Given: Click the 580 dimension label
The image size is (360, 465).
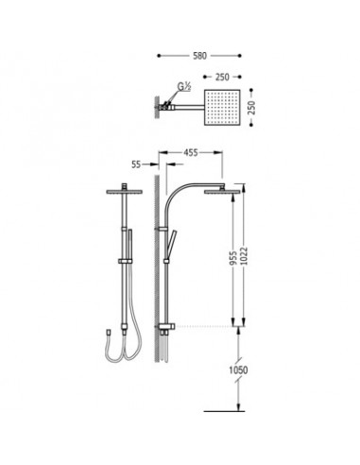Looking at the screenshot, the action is [x=199, y=56].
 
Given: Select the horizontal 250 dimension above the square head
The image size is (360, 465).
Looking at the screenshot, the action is [x=222, y=77].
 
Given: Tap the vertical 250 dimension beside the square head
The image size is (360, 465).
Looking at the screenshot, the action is [x=251, y=108].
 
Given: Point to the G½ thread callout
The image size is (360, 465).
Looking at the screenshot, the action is [x=184, y=86].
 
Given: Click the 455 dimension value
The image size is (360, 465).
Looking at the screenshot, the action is [x=191, y=152].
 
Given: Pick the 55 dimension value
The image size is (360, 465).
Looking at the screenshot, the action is [x=136, y=164].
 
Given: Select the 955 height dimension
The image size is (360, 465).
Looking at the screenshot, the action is [x=233, y=258].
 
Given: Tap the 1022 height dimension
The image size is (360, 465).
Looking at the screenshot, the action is [x=244, y=256].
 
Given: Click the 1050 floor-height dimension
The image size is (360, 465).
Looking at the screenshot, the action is [x=238, y=370].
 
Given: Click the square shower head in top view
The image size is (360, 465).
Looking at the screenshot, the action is [x=222, y=108].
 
